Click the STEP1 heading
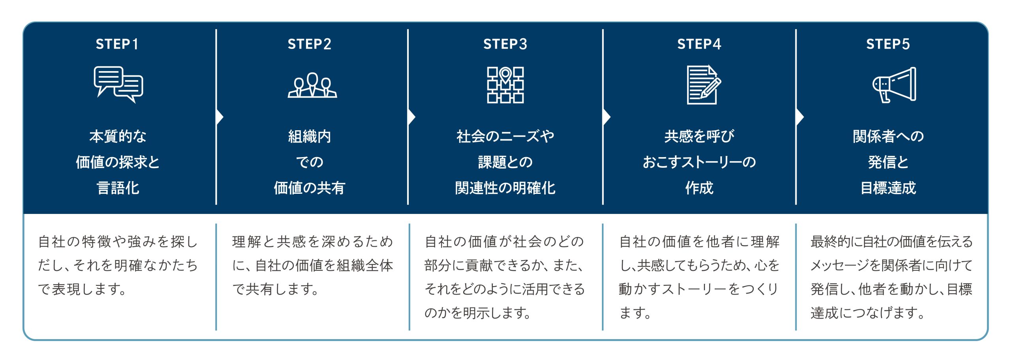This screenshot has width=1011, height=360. [x=117, y=44]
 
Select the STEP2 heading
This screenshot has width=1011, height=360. [x=309, y=44]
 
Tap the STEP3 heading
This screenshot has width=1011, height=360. [x=505, y=44]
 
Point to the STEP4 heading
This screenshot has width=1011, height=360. [x=699, y=44]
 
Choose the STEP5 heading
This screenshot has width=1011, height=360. [x=888, y=44]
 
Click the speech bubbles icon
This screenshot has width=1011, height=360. [x=118, y=84]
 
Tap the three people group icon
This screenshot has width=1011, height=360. [x=312, y=85]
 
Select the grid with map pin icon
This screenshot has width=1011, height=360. [x=505, y=85]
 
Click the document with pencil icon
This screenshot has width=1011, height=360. [x=703, y=85]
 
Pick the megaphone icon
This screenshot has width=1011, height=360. [x=894, y=85]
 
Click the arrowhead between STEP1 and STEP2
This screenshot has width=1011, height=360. [x=220, y=117]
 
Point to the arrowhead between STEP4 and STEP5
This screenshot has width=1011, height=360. [x=800, y=117]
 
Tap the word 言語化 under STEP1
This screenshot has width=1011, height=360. [x=118, y=188]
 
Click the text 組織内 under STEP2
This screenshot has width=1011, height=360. [x=309, y=137]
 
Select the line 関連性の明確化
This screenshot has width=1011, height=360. [x=505, y=188]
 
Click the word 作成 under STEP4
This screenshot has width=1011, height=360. [x=699, y=188]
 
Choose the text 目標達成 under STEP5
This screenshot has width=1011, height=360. [x=888, y=188]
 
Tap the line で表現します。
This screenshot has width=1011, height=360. [x=82, y=289]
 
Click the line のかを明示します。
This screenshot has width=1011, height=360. [x=477, y=313]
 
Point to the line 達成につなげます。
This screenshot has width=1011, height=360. [x=867, y=313]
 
